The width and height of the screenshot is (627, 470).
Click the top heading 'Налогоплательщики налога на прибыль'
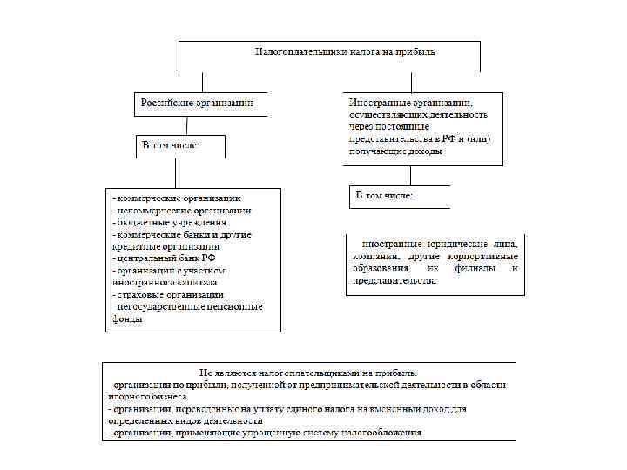(345, 52)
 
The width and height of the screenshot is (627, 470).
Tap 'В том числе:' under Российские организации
(171, 145)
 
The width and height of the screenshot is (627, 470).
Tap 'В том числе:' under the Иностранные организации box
(384, 195)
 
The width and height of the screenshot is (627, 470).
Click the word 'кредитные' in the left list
(131, 247)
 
